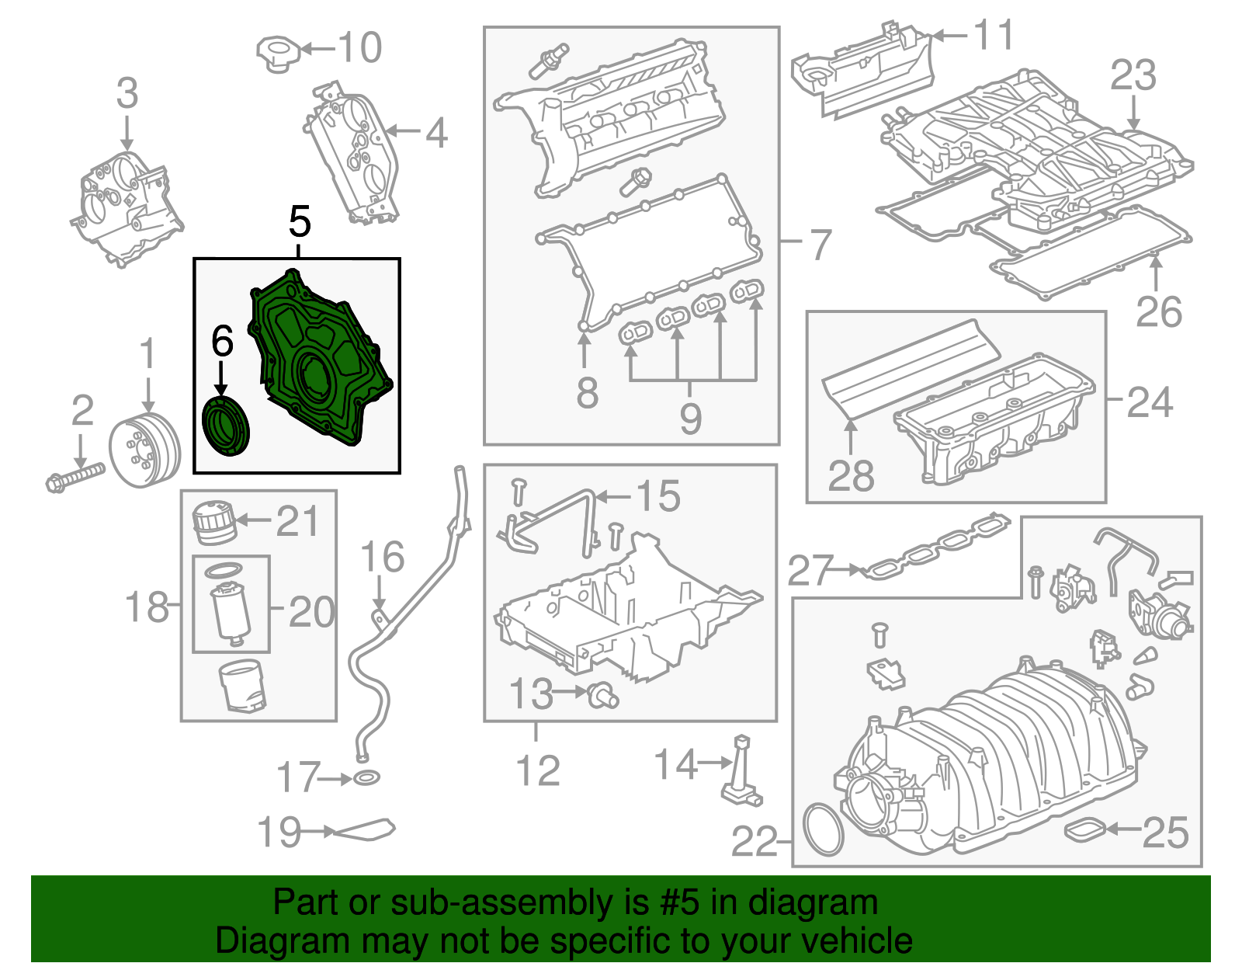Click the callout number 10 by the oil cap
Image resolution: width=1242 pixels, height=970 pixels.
[360, 48]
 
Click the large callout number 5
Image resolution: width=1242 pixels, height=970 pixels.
[300, 222]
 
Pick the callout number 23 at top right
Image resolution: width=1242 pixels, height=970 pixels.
[1133, 76]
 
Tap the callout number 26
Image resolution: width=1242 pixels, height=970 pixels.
[1158, 312]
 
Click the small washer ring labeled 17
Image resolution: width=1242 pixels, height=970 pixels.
[367, 777]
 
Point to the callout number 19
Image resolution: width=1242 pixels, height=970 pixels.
[279, 833]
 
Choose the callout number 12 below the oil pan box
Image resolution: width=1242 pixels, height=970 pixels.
[537, 770]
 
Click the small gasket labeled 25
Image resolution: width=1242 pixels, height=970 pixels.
[1085, 830]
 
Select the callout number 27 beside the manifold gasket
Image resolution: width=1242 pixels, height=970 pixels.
[810, 571]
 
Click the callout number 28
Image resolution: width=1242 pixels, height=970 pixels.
[851, 476]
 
